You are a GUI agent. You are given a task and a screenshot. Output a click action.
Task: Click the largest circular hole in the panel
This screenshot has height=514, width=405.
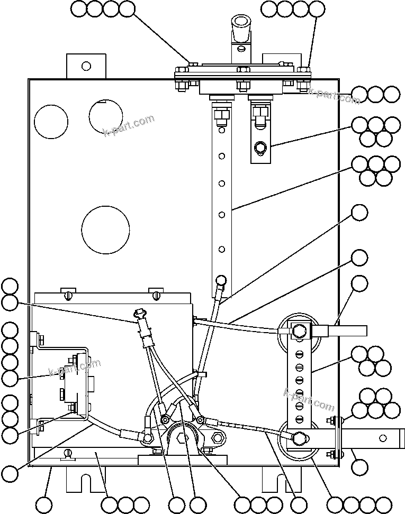tap(105, 230)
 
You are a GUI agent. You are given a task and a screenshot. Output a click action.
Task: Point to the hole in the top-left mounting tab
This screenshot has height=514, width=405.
tap(86, 66)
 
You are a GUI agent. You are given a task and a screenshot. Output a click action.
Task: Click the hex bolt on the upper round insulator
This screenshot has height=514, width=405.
tap(298, 331)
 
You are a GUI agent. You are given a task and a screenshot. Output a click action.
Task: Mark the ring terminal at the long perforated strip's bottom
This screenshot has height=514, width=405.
tap(221, 280)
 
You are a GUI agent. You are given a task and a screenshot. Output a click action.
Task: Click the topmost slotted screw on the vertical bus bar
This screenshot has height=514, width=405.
tap(299, 353)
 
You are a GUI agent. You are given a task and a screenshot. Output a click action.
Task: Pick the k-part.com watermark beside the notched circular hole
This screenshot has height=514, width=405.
tap(129, 125)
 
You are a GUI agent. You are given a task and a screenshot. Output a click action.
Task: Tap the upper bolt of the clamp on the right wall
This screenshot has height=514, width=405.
tap(332, 421)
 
